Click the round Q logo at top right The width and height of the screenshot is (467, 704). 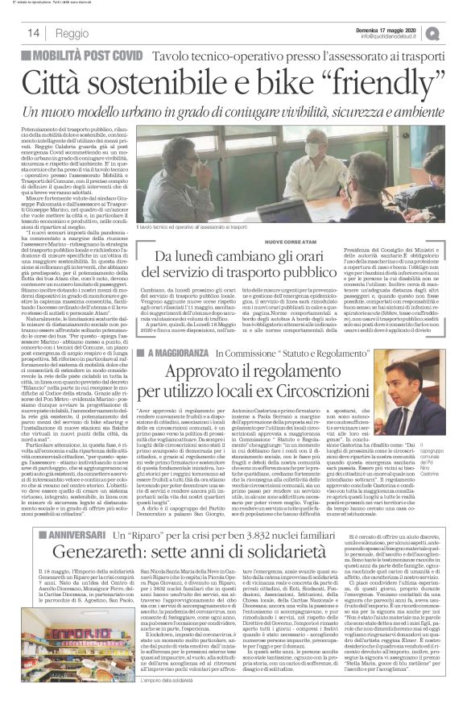coord(455,32)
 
